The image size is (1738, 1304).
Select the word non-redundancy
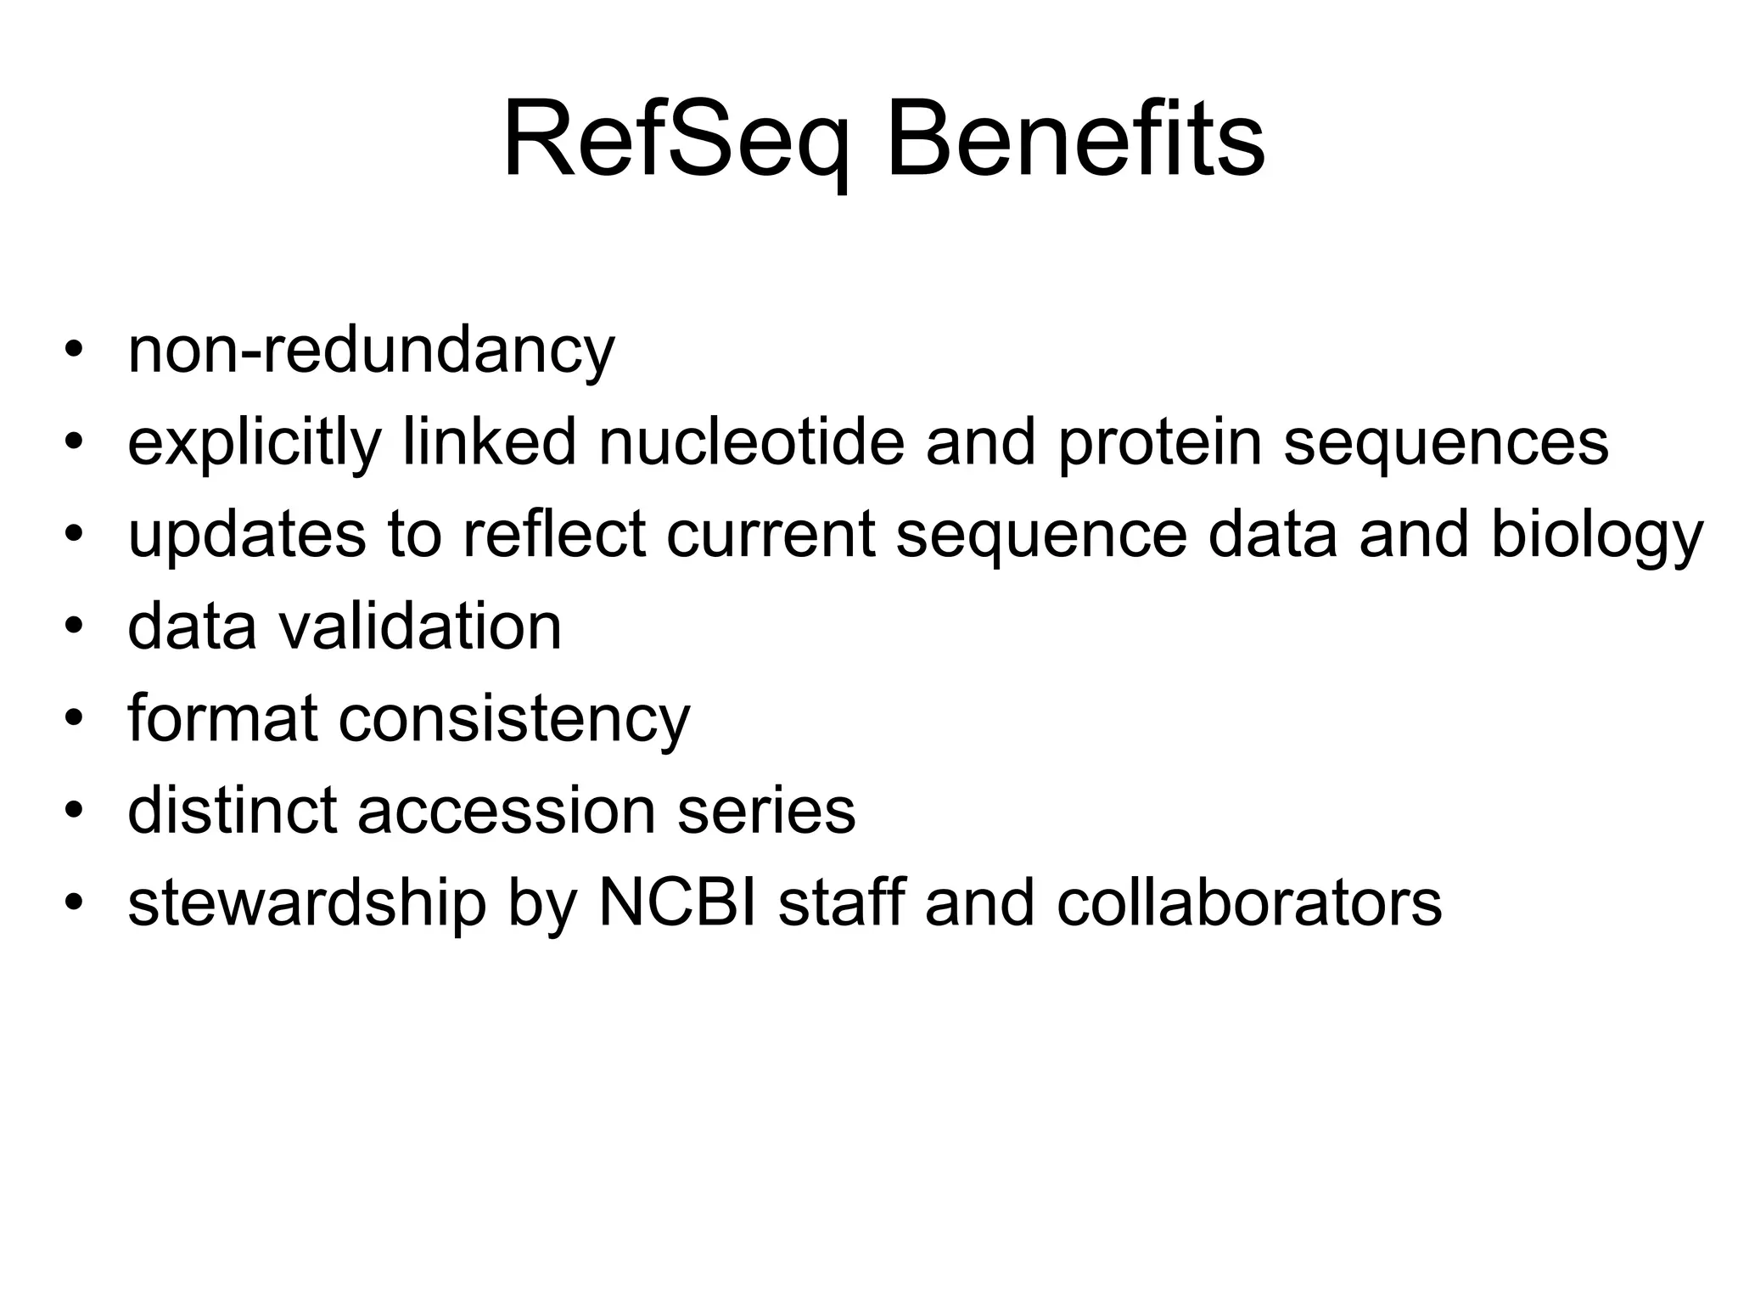[371, 350]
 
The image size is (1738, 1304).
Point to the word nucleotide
[752, 442]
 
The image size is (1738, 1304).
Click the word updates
[247, 535]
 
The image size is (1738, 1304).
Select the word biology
[1597, 535]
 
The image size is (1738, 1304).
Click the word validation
[419, 627]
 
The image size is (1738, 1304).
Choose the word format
[222, 718]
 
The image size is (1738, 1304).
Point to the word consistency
[514, 718]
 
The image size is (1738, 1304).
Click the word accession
[507, 811]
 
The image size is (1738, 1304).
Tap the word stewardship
[307, 903]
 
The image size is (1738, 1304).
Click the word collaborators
[1249, 903]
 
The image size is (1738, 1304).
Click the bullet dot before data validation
[74, 626]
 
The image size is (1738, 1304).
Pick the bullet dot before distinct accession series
[74, 810]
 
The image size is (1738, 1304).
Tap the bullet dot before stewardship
[74, 902]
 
